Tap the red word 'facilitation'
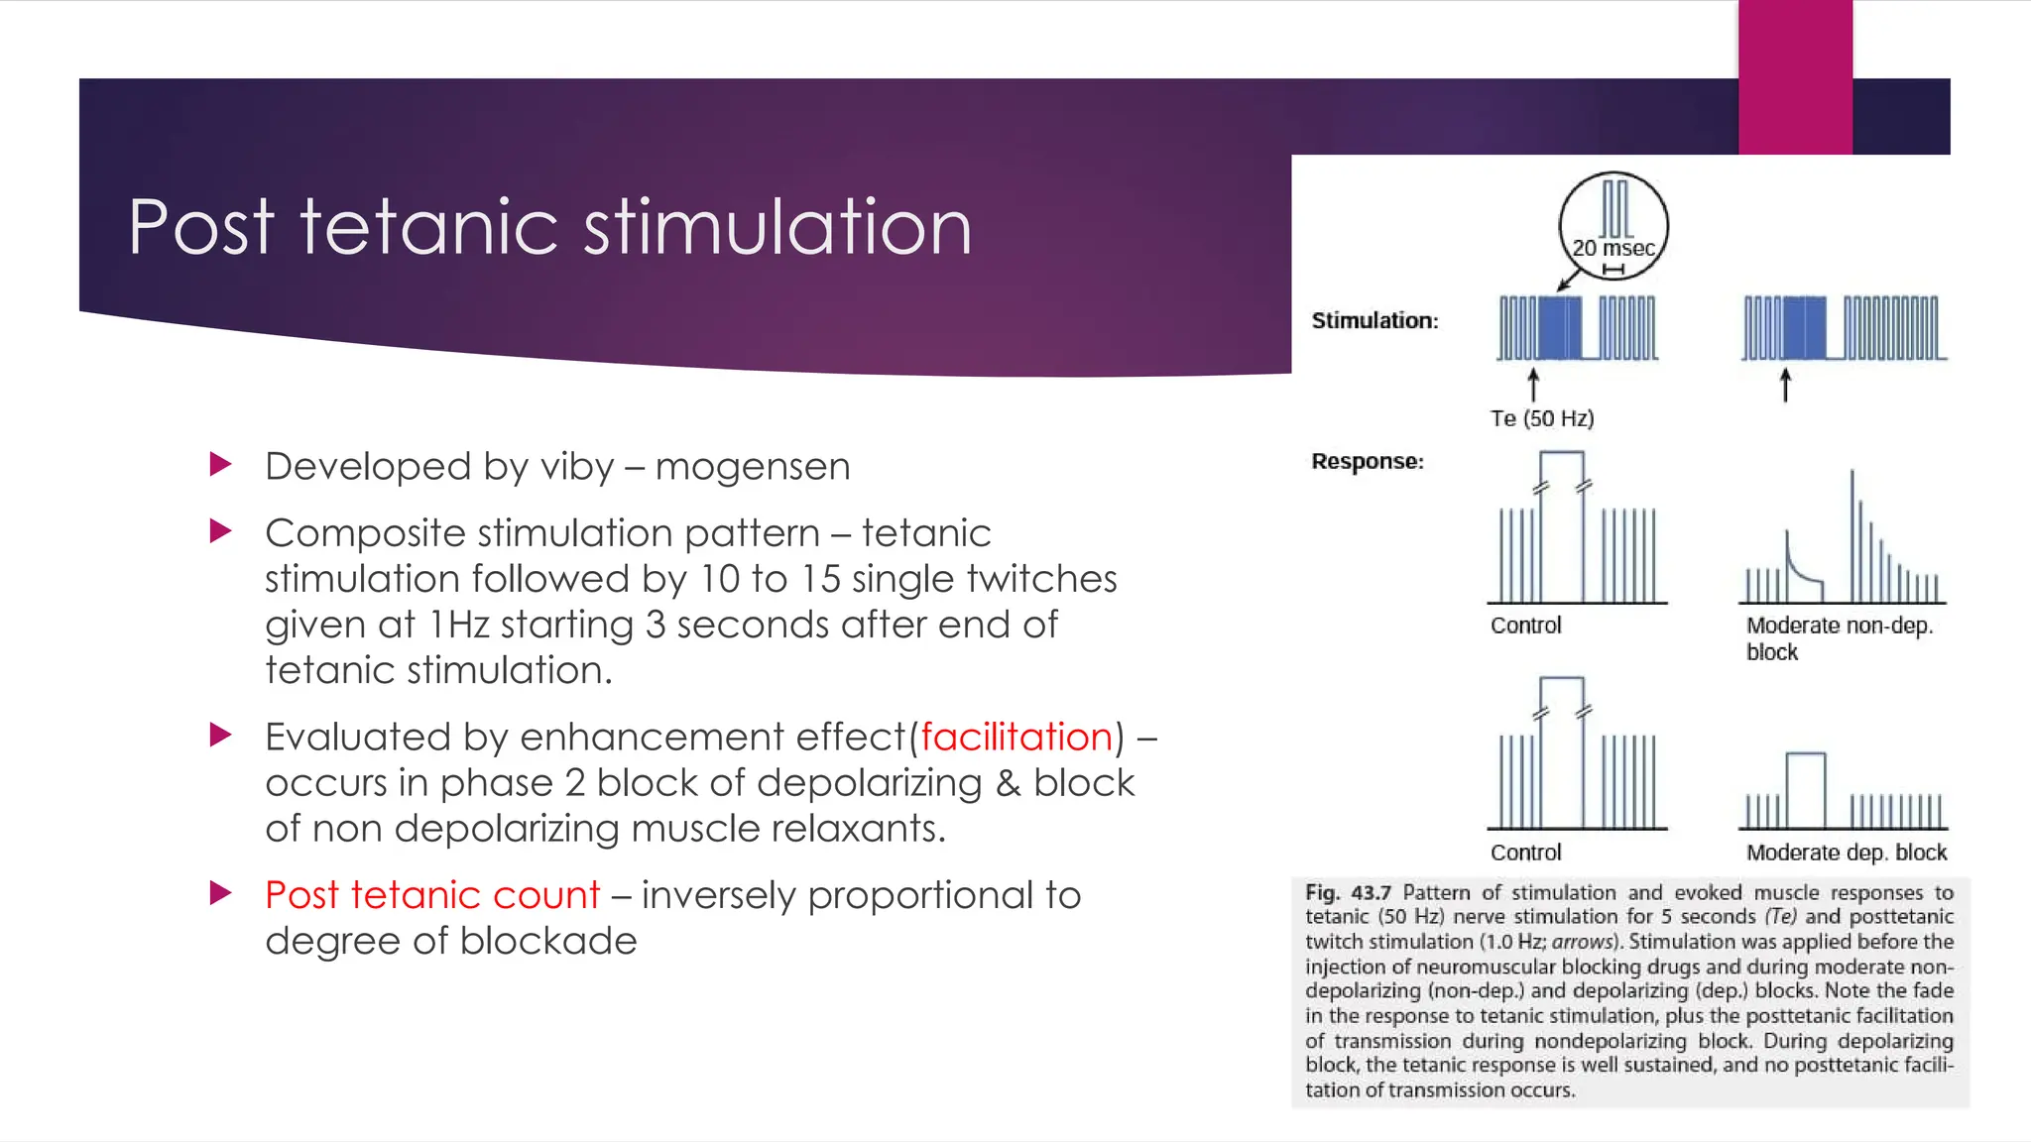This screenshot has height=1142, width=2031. tap(1016, 738)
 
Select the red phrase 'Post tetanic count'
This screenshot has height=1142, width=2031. tap(432, 895)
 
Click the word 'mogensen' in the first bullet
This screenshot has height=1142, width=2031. tap(753, 467)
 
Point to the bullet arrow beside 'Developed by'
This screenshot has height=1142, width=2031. tap(221, 464)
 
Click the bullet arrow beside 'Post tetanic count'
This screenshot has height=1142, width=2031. tap(221, 893)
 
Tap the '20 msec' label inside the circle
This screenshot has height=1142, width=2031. tap(1613, 249)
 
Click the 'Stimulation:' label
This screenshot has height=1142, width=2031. tap(1374, 321)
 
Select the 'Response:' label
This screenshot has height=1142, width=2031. tap(1368, 462)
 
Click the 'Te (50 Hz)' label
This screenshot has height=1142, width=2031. tap(1542, 419)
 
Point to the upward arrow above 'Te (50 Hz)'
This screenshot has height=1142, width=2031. tap(1533, 385)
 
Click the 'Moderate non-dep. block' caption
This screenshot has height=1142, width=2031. tap(1839, 638)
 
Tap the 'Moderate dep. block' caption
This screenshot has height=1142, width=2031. tap(1846, 853)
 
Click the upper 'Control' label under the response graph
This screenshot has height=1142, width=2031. tap(1525, 626)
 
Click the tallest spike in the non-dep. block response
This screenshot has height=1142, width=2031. tap(1852, 535)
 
